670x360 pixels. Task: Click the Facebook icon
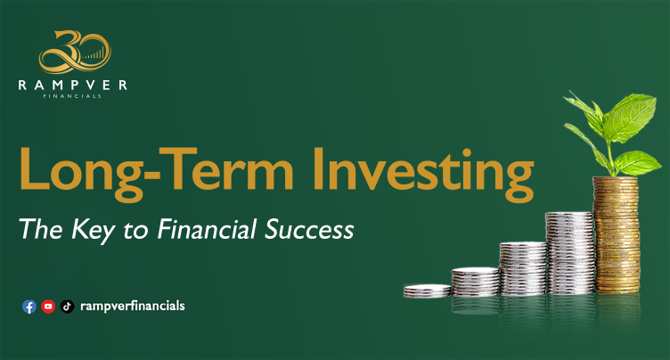(29, 307)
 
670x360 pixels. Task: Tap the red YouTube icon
(48, 307)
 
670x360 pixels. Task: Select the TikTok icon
(67, 307)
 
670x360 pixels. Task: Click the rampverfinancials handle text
(132, 307)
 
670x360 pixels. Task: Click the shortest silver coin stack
(427, 290)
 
